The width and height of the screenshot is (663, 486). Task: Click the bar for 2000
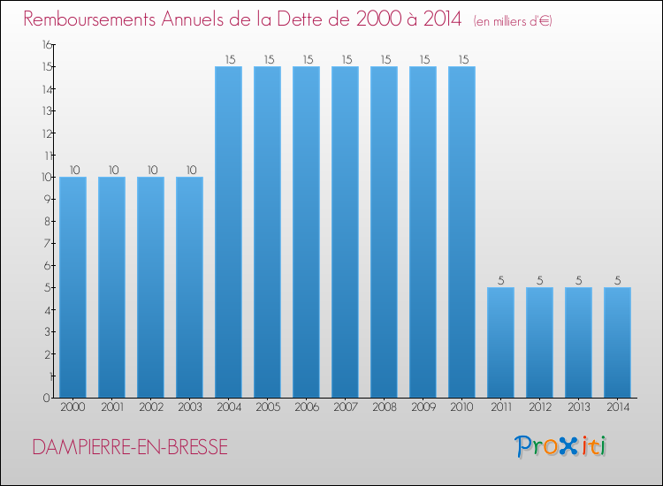coord(72,287)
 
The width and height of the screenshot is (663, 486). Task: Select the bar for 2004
coord(228,232)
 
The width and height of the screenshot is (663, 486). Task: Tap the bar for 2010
coord(461,232)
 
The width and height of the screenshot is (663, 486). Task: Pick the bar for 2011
coord(500,342)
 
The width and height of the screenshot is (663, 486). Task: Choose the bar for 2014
coord(617,342)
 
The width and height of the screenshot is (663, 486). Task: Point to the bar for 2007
coord(345,232)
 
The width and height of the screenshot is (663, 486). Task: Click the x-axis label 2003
coord(189,409)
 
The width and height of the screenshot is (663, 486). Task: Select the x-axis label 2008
coord(384,409)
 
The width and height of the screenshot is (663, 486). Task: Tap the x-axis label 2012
coord(539,409)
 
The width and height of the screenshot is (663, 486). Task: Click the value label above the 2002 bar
coord(150,170)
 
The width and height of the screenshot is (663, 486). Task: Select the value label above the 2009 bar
coord(423,59)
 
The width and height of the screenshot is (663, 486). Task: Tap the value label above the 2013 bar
coord(578,280)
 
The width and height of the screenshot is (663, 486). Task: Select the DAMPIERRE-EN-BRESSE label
coord(129,448)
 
